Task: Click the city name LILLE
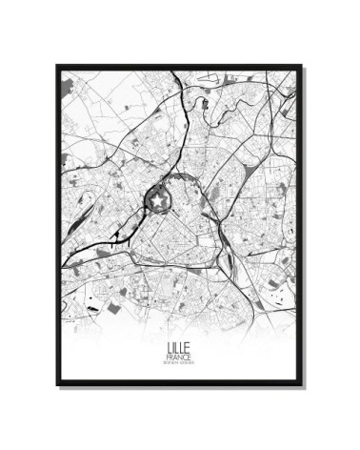coord(179,349)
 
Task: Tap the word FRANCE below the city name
coord(179,358)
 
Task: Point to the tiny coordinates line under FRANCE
coord(179,364)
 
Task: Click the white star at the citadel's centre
coord(158,198)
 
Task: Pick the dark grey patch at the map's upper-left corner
coord(66,88)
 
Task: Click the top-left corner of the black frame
coord(58,67)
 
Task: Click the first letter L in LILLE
coord(169,349)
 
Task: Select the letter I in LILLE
coord(173,349)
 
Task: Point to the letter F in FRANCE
coord(168,358)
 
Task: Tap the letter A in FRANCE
coord(176,358)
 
